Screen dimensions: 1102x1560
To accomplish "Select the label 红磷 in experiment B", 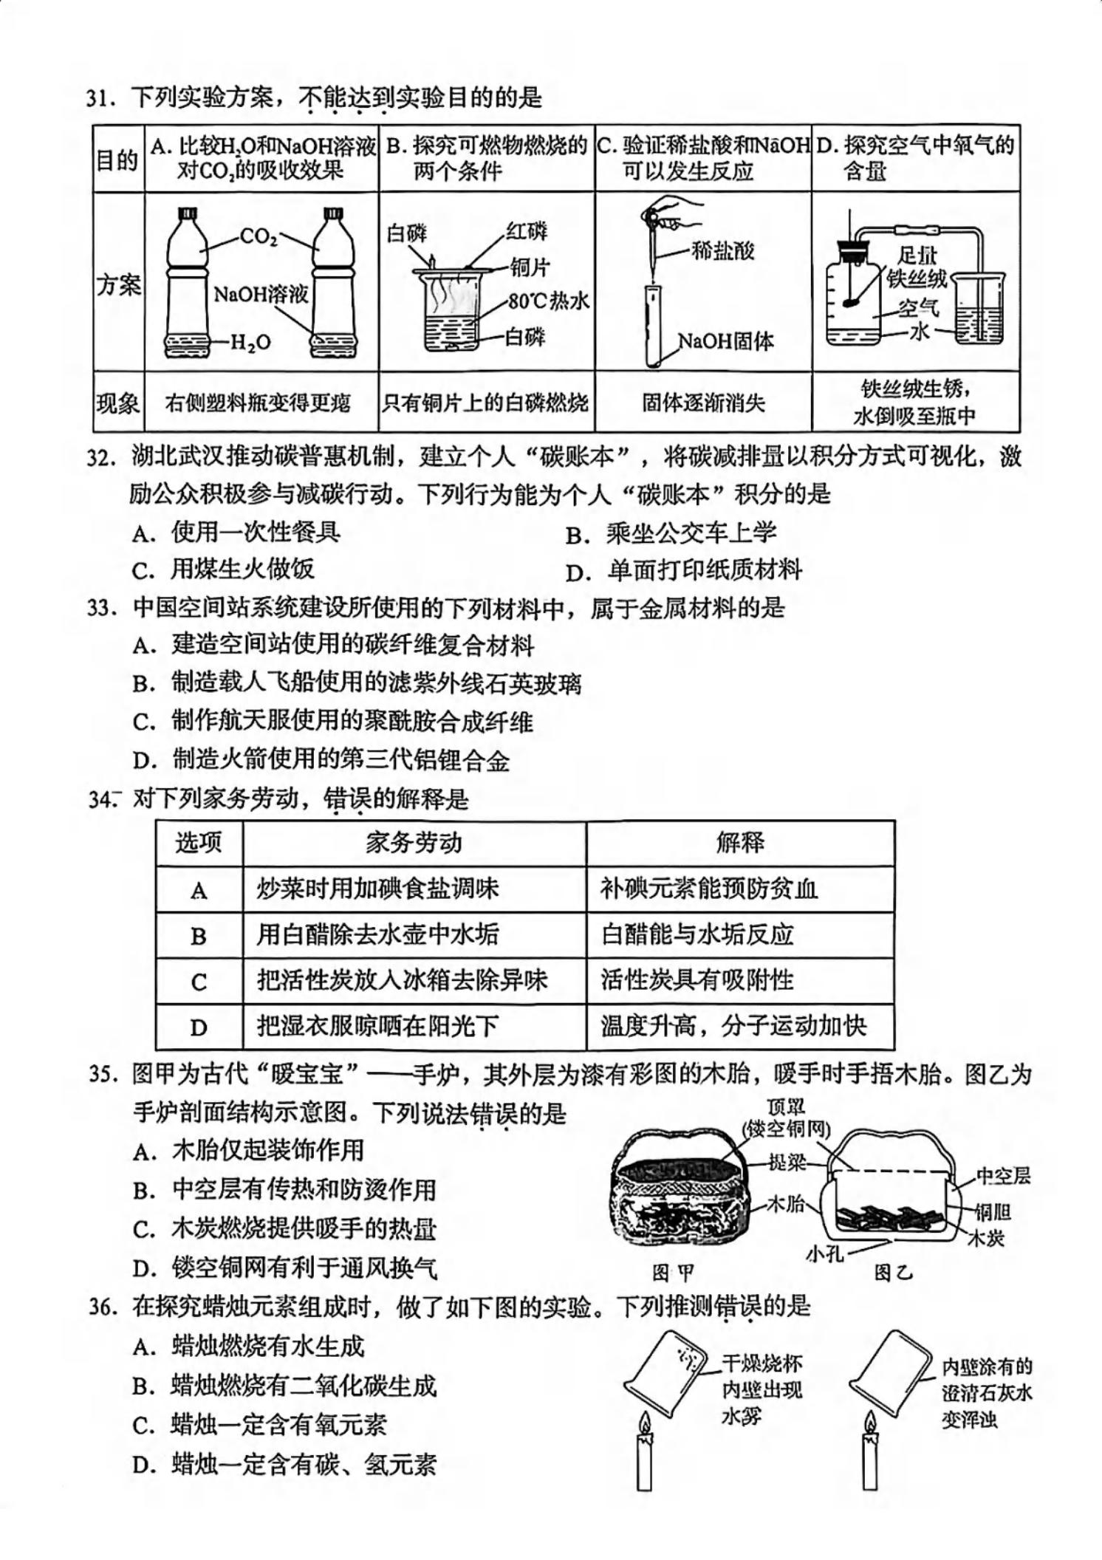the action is (x=527, y=231).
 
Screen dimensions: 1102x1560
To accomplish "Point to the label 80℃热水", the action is (x=548, y=301).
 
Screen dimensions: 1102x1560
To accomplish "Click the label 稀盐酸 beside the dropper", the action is (x=723, y=251).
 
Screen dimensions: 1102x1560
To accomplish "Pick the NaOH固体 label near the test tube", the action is (x=725, y=341).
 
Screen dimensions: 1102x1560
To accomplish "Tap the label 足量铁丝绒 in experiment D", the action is (x=917, y=267).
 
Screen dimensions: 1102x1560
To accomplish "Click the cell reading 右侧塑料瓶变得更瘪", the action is (x=258, y=403).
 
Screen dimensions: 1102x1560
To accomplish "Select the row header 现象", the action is (x=118, y=403).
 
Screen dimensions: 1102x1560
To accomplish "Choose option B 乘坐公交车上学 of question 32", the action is (x=671, y=533).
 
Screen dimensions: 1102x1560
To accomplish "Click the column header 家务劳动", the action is (x=414, y=843).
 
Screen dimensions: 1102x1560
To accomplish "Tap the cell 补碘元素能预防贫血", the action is (x=709, y=889).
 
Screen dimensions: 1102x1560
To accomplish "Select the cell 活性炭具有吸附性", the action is (x=697, y=980).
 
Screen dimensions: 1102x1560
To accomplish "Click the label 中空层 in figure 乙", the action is (x=1003, y=1175).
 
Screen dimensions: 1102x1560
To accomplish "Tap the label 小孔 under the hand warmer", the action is (x=825, y=1253).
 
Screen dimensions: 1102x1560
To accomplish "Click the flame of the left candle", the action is (x=646, y=1423).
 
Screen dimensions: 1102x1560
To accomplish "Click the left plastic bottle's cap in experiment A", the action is (x=188, y=213).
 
